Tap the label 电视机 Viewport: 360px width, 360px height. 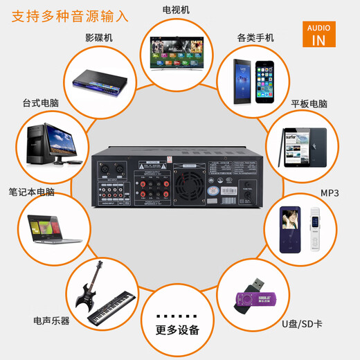(176, 10)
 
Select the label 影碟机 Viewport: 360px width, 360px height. (99, 37)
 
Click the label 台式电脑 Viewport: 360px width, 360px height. (39, 103)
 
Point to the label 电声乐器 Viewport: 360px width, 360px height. (51, 321)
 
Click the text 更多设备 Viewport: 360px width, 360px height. (177, 329)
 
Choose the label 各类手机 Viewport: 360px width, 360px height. (255, 37)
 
